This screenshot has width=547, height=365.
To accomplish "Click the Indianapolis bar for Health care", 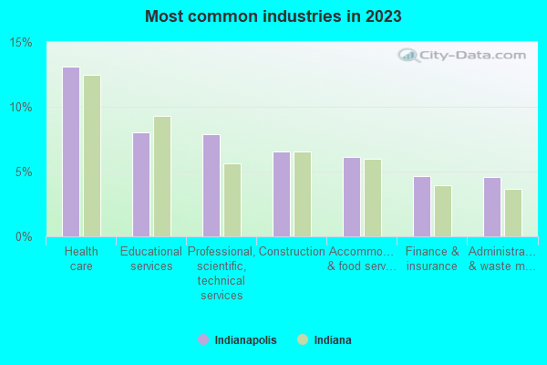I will click(x=71, y=151).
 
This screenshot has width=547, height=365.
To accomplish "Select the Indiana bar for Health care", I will click(x=92, y=156).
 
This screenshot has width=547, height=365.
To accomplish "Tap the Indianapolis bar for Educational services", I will click(x=141, y=184).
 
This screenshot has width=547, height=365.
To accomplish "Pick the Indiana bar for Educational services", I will click(x=162, y=176).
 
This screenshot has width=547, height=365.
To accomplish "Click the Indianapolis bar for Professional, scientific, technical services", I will click(x=212, y=185).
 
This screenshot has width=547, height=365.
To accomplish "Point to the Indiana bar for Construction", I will click(x=303, y=193).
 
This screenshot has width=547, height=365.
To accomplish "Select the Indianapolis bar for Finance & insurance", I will click(x=422, y=206).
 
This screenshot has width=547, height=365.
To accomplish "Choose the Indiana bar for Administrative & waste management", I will click(x=513, y=213).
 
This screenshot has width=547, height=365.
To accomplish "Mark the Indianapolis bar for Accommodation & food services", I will click(x=352, y=196).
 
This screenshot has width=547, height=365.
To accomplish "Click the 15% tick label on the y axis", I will click(x=21, y=43).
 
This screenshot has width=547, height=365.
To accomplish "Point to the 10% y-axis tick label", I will click(x=21, y=108).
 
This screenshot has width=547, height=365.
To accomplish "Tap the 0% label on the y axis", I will click(x=24, y=237).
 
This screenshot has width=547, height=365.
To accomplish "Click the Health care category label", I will click(x=81, y=259).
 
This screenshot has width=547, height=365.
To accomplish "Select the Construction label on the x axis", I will click(x=292, y=252).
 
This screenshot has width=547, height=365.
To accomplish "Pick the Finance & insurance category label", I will click(x=432, y=259).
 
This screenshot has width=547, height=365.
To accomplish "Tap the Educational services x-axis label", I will click(x=151, y=259).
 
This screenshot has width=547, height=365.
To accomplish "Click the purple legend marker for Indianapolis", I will click(x=203, y=340).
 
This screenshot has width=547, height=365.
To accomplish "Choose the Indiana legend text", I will click(x=333, y=340).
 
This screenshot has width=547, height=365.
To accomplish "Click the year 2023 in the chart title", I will click(x=382, y=16).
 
